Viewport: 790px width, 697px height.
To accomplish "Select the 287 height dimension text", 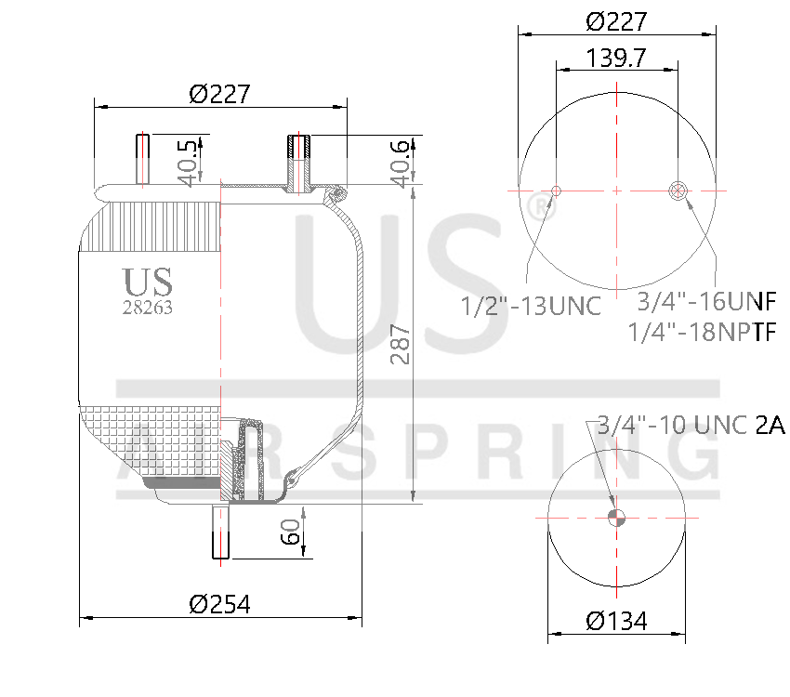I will (x=401, y=344).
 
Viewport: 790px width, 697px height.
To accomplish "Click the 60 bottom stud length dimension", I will (x=290, y=536).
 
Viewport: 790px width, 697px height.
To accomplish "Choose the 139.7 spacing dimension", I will (x=616, y=59).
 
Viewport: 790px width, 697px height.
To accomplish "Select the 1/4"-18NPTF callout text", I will (x=703, y=332).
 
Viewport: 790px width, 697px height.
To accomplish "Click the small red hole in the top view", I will (x=556, y=191).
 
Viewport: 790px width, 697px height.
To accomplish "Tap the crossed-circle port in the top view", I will (x=678, y=191).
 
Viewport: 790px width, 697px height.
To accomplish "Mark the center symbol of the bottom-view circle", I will (x=614, y=519).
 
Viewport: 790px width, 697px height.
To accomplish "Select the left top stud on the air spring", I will (x=142, y=159).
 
